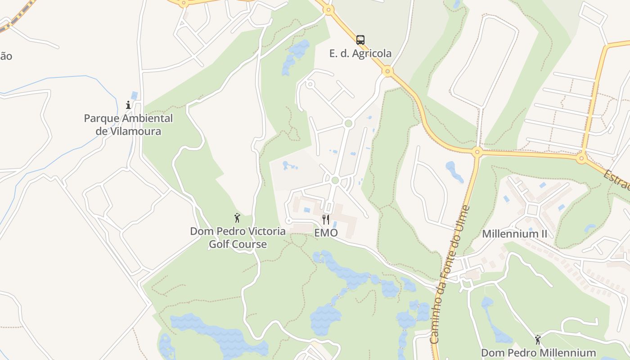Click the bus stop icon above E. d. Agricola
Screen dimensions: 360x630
[360, 40]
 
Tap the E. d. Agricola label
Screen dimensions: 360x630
[360, 54]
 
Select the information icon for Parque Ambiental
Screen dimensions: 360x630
[128, 105]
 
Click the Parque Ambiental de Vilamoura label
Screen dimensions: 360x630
[128, 125]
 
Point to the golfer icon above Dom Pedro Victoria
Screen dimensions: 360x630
[237, 218]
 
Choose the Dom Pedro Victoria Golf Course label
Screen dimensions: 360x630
[238, 238]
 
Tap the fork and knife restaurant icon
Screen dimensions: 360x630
[326, 220]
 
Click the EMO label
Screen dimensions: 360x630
[326, 233]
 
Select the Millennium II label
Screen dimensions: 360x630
[515, 234]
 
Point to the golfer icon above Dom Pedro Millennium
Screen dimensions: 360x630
[538, 339]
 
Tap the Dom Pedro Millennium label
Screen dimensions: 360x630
[538, 352]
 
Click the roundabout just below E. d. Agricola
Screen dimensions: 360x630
[387, 71]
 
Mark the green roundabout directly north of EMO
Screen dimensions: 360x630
[334, 180]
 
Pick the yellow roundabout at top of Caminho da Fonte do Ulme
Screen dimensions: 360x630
[477, 151]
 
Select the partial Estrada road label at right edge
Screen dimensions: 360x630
[617, 180]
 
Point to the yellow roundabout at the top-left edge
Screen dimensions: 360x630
[184, 2]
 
